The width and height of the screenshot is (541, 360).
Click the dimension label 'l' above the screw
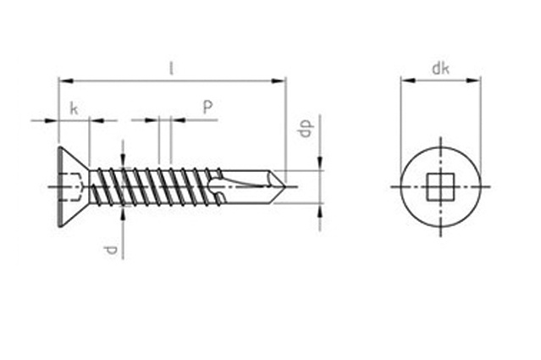pos(171,69)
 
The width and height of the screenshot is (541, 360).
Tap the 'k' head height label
pos(74,108)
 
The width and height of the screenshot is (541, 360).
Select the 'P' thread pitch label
pos(207,107)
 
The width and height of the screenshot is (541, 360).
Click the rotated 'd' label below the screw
pos(111,250)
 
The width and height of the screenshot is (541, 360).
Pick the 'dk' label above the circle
pos(440,69)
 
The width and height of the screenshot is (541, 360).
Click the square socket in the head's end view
pos(440,186)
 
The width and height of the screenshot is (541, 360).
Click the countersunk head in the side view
pos(73,186)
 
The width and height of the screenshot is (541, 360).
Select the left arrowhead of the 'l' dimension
pos(65,81)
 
